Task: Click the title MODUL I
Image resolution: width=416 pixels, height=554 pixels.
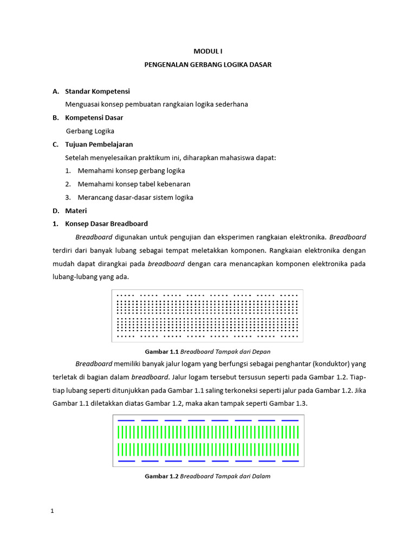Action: pyautogui.click(x=208, y=51)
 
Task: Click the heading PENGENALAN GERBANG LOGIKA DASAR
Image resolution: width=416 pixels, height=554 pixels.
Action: pyautogui.click(x=208, y=64)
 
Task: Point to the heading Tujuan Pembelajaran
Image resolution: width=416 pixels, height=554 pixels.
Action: pyautogui.click(x=99, y=144)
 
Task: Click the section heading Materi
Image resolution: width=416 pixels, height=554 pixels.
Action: pyautogui.click(x=76, y=210)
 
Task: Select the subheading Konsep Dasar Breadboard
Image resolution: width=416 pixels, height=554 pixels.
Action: pyautogui.click(x=106, y=223)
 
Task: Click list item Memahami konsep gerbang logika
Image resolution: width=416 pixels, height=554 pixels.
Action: pyautogui.click(x=131, y=170)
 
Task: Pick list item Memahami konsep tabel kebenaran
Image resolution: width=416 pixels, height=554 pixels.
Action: pyautogui.click(x=134, y=184)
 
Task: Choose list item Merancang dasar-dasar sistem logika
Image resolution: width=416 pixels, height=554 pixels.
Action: pyautogui.click(x=135, y=197)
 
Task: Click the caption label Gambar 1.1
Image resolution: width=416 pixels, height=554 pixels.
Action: pyautogui.click(x=161, y=352)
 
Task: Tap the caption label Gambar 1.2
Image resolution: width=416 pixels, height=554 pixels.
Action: pyautogui.click(x=161, y=477)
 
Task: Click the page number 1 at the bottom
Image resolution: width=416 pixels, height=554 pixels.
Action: pyautogui.click(x=52, y=510)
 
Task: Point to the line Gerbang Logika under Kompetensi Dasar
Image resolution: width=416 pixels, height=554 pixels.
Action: pyautogui.click(x=90, y=131)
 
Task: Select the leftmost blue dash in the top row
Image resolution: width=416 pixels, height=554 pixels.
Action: pyautogui.click(x=126, y=420)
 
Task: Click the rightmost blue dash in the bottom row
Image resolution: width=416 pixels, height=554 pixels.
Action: pyautogui.click(x=290, y=461)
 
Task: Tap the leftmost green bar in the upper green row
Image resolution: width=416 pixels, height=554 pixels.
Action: pyautogui.click(x=119, y=432)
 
